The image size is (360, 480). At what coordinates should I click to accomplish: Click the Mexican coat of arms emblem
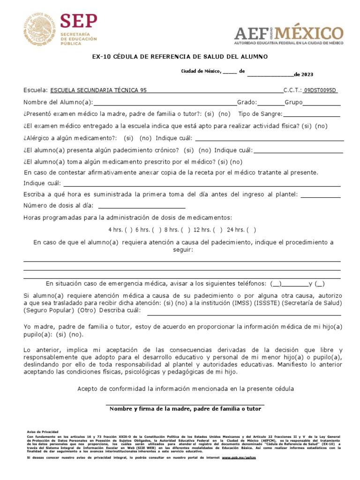click(x=39, y=30)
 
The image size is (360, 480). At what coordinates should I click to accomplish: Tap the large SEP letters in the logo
click(x=79, y=21)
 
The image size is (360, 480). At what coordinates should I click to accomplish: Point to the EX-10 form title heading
click(x=180, y=57)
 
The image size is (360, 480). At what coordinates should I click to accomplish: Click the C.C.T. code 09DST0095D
click(x=320, y=90)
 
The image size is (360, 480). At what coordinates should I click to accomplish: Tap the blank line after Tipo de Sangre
click(x=312, y=114)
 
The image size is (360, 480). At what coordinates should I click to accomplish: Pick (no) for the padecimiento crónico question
click(x=204, y=150)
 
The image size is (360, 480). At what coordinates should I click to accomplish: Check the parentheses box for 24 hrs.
click(x=251, y=230)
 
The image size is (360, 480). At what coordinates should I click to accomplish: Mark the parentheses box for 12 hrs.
click(x=217, y=230)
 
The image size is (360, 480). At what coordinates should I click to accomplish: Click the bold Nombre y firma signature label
click(x=185, y=409)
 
